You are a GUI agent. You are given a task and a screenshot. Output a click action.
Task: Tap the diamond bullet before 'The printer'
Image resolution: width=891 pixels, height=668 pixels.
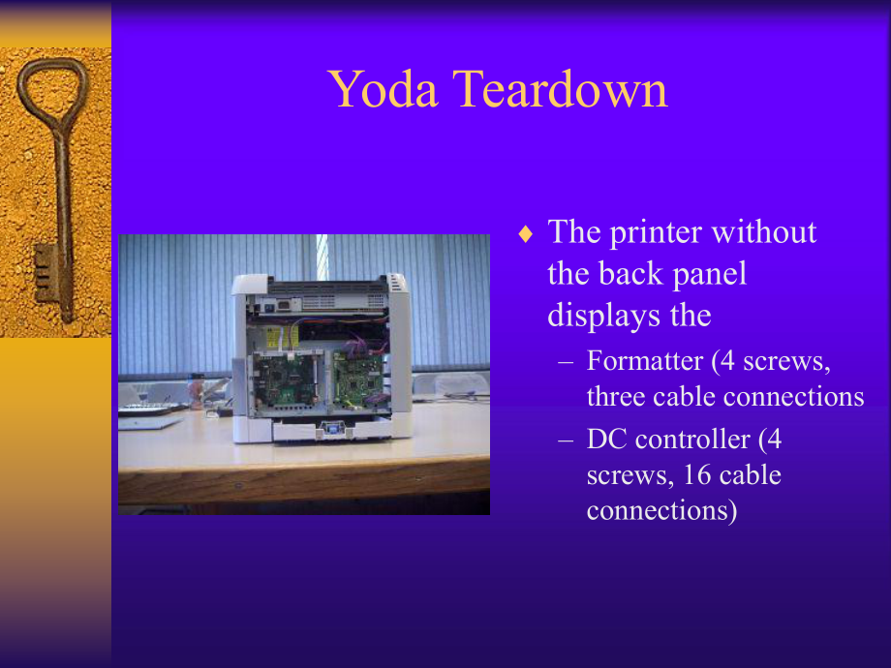pos(526,234)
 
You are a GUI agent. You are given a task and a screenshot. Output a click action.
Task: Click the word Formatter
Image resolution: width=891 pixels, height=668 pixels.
pos(644,361)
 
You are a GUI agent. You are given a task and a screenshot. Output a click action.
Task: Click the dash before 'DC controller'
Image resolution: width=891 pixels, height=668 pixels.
pos(567,440)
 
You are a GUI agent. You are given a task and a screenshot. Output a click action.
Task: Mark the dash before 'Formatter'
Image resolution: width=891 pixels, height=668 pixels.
pos(567,361)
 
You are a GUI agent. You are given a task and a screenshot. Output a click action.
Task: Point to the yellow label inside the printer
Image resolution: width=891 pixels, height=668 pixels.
pos(273,337)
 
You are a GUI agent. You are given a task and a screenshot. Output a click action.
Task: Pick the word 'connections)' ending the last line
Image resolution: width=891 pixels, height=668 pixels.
pos(661,510)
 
